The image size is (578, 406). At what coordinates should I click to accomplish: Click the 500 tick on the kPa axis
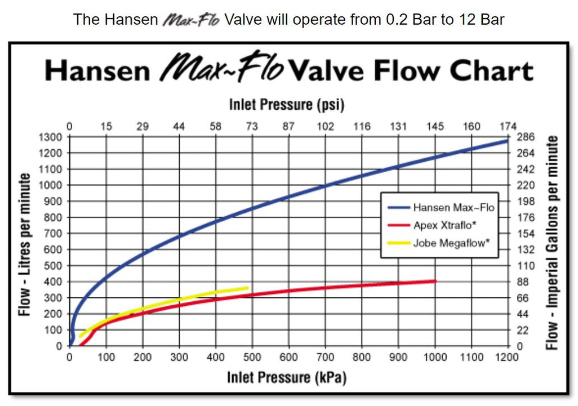[252, 357]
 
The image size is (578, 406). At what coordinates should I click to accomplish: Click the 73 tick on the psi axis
[252, 126]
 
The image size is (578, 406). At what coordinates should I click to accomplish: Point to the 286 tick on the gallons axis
[526, 137]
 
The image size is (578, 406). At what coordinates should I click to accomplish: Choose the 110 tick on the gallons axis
[526, 266]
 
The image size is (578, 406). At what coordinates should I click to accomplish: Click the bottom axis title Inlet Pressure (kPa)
[287, 377]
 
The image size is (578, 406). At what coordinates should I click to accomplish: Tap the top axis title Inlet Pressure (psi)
[287, 104]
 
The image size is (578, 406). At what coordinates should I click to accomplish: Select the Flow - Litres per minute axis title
[25, 244]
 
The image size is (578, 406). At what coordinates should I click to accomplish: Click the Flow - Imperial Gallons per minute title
[554, 242]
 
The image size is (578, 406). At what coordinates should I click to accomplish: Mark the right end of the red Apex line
[435, 281]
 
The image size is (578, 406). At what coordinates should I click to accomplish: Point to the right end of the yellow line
[247, 288]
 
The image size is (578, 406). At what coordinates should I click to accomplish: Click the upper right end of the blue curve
[507, 140]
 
